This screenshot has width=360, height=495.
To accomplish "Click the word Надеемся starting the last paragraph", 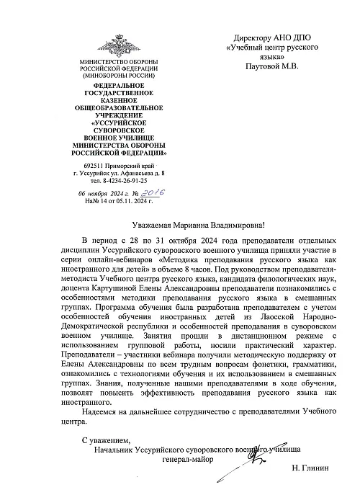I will tap(103, 411).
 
